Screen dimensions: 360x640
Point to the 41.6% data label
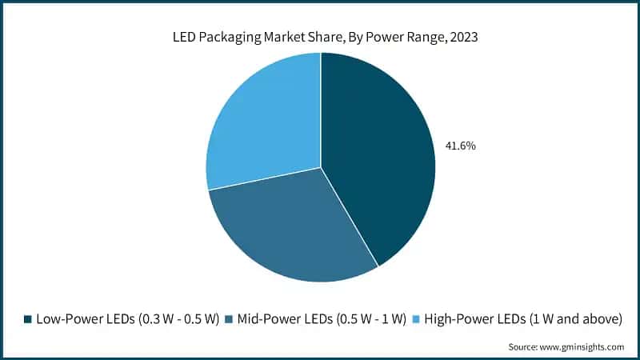460,146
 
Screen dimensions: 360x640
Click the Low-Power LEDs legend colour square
28,319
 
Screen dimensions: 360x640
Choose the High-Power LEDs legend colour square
414,319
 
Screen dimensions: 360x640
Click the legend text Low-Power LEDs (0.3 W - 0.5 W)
127,319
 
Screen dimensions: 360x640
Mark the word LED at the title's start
184,35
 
